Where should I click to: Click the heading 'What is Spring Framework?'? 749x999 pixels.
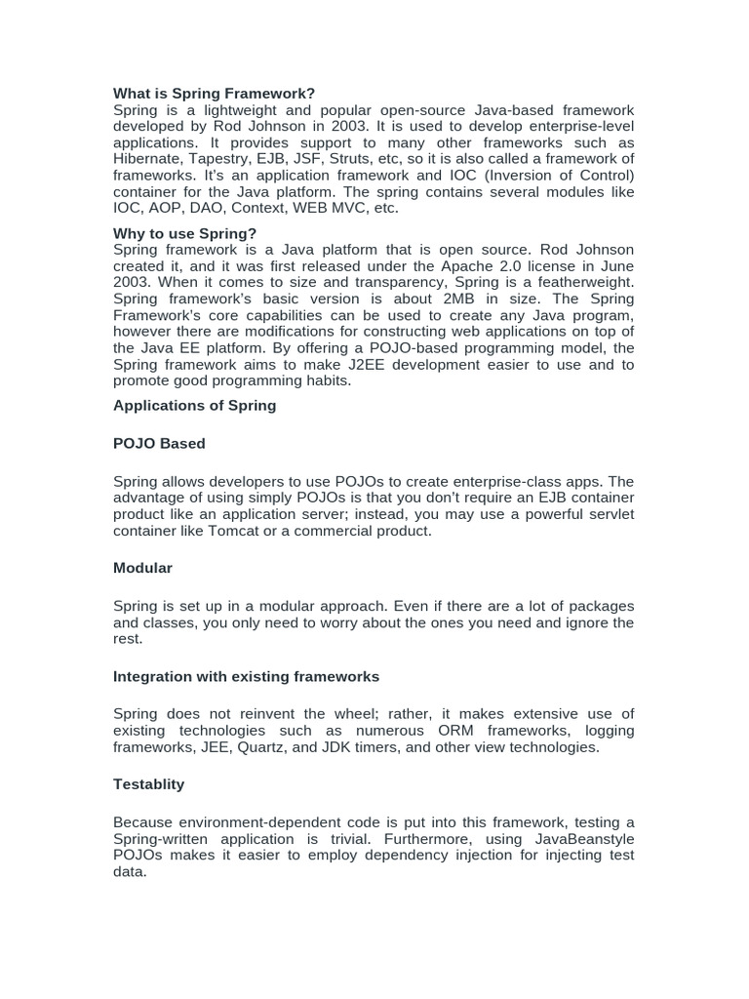tap(214, 94)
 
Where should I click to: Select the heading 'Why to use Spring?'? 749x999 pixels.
tap(184, 233)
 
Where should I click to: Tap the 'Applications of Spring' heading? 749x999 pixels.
tap(194, 406)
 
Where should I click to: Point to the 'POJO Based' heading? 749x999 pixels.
tap(159, 444)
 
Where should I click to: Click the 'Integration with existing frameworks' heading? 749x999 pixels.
tap(246, 676)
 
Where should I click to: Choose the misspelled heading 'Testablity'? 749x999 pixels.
tap(148, 784)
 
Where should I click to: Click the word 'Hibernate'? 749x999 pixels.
tap(146, 159)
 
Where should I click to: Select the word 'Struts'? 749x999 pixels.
tap(353, 159)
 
